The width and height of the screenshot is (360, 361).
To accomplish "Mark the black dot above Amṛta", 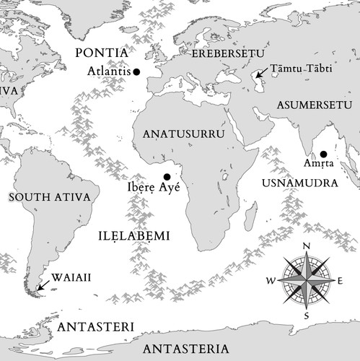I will pos(323,154).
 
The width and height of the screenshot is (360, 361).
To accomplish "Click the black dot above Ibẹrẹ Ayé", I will pos(167,177).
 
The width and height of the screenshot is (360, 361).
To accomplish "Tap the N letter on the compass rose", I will pos(307,246).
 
